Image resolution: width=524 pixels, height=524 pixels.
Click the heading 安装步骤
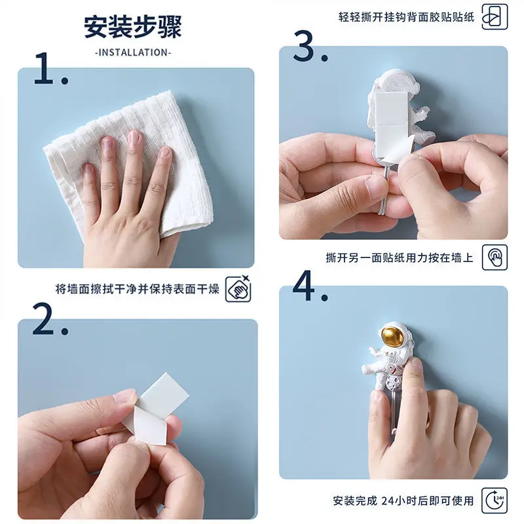[133, 27]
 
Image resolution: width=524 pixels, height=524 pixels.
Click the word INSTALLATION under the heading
[133, 52]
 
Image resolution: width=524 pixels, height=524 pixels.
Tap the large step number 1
[44, 68]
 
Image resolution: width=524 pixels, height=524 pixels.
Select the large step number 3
[304, 45]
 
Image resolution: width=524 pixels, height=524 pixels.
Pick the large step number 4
[304, 286]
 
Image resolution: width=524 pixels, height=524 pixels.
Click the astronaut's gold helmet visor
[392, 337]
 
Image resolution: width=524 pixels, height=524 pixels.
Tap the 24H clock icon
[495, 500]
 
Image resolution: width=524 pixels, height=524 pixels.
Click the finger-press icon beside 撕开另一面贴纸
[495, 257]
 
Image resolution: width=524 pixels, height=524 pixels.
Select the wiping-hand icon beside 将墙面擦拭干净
[238, 289]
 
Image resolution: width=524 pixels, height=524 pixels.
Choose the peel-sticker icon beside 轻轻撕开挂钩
[495, 17]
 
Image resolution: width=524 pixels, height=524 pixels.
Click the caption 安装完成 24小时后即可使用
[403, 500]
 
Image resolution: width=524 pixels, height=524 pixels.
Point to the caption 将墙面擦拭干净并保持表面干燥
[138, 289]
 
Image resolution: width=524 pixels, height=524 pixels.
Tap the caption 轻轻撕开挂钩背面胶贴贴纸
[406, 17]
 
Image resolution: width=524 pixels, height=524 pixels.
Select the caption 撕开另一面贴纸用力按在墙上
[400, 257]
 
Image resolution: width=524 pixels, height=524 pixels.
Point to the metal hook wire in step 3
[384, 191]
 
